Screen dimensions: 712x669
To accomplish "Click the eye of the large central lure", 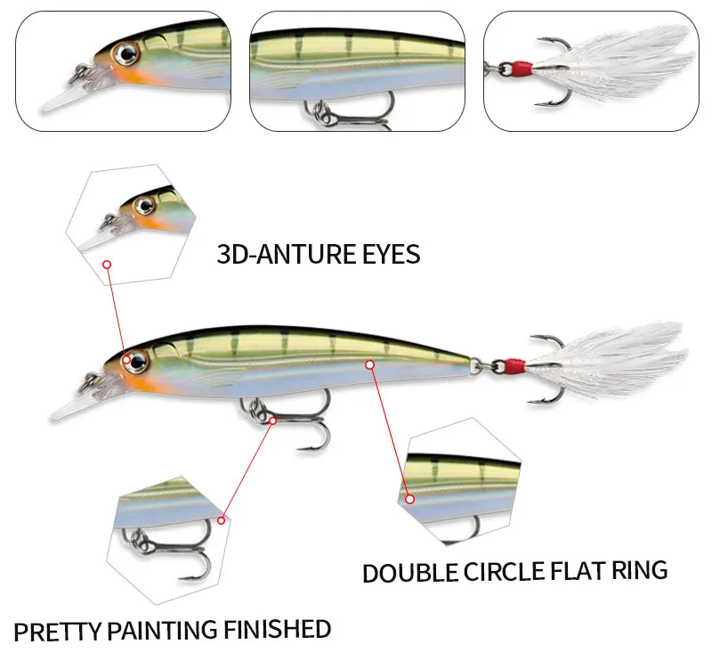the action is (x=136, y=362).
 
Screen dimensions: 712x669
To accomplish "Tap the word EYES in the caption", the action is (x=391, y=254).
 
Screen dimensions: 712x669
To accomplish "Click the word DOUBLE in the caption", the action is (x=409, y=573).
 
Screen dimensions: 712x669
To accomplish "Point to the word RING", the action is (x=639, y=570).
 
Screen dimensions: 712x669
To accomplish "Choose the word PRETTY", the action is (x=57, y=632).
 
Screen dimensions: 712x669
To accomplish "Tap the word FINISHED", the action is (x=278, y=630).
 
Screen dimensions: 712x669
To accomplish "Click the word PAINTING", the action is (x=163, y=631).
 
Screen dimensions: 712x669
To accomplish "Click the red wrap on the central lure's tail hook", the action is (x=514, y=364).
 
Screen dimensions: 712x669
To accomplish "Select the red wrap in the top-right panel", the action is (x=522, y=69).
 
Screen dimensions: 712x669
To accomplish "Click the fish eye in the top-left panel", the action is (x=126, y=54).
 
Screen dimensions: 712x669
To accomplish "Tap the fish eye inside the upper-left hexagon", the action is (x=145, y=206).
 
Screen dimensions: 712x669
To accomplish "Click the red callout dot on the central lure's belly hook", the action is (x=272, y=420).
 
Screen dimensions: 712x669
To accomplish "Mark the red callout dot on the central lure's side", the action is (x=370, y=364).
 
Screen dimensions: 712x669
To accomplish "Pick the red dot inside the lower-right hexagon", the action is (x=410, y=499).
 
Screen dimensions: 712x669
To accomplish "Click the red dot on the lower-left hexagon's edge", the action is (x=221, y=520).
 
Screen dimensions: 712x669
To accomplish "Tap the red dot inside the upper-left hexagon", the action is (x=107, y=265).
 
